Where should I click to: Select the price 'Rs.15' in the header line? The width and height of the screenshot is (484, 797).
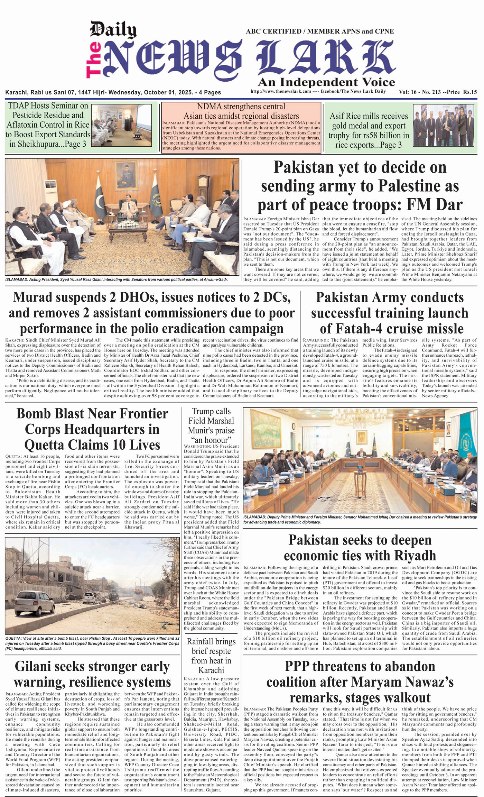[470, 92]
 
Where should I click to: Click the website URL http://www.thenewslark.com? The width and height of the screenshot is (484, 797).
[280, 91]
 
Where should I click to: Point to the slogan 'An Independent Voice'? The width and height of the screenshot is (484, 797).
[326, 82]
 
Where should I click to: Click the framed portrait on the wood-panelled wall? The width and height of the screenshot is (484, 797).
[125, 174]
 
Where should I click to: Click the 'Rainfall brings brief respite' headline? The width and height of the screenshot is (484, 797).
[211, 651]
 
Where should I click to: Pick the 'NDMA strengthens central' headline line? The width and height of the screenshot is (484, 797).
[241, 107]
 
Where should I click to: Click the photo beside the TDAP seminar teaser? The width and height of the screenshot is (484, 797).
[121, 125]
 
